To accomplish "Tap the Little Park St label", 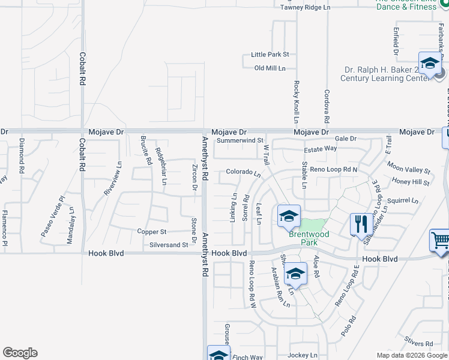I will (270, 54).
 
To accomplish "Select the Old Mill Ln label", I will (270, 68).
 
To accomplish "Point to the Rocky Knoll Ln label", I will (297, 100).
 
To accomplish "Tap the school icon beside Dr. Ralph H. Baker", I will (430, 64).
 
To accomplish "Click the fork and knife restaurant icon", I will (361, 224).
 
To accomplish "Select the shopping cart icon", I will (441, 242).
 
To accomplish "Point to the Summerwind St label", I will (240, 141).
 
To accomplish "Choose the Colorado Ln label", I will (243, 173).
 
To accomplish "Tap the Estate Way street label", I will (321, 149).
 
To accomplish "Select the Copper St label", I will (151, 232).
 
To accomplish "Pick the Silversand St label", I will (169, 245).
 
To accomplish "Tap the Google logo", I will (20, 353).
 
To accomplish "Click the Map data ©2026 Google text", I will (411, 355).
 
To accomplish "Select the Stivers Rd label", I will (419, 344).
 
